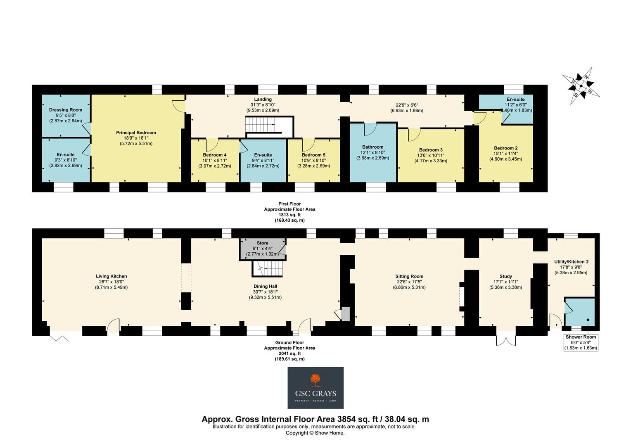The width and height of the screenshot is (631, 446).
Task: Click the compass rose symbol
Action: coord(581,85)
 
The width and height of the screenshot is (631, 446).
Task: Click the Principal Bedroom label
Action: coord(136,133)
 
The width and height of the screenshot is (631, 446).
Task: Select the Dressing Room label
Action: coord(66,110)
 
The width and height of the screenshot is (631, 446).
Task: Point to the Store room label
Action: coord(263,243)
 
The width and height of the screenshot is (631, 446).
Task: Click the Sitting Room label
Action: coord(409,276)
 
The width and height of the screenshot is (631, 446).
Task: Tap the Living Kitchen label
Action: coord(111,276)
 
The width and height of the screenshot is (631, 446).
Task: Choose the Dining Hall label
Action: coord(266,286)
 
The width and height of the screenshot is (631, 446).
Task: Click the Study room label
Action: coord(505,276)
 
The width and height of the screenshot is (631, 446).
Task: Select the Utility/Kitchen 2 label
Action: coord(571,262)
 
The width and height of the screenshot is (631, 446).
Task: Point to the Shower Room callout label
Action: coord(581,337)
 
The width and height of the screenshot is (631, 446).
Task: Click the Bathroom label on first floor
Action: coord(372,147)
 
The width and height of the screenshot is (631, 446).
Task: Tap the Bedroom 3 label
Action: coord(431,150)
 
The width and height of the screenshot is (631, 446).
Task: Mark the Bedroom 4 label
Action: coord(215,155)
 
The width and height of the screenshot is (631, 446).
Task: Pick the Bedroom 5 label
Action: coord(313,155)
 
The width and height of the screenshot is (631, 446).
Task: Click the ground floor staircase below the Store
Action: coord(268,268)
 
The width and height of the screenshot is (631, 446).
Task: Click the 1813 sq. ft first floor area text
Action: coord(289,215)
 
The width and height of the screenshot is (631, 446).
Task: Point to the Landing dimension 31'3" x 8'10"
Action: coord(263,105)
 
